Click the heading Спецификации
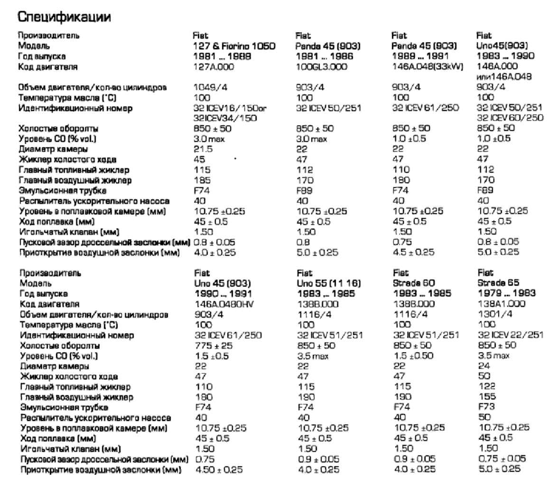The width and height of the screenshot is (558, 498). (64, 18)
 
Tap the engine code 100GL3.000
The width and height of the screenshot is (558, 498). (322, 67)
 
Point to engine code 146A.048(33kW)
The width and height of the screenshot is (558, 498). (427, 67)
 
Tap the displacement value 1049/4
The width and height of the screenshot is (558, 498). (210, 88)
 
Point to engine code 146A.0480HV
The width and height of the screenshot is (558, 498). (226, 304)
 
